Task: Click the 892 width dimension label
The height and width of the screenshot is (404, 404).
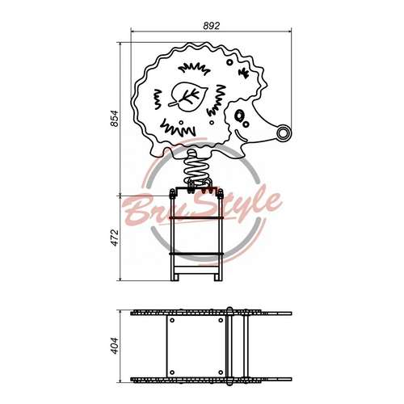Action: click(x=212, y=26)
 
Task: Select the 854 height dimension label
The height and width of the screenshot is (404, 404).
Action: click(x=115, y=118)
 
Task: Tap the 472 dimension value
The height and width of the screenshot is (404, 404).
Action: click(x=115, y=238)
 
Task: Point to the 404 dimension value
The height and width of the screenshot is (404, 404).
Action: click(x=115, y=346)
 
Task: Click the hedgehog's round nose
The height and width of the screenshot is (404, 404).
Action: click(x=284, y=133)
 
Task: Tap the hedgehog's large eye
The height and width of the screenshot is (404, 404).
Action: click(x=238, y=116)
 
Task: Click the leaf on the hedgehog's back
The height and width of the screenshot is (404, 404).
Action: click(x=188, y=97)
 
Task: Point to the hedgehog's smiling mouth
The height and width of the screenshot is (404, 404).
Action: click(x=240, y=136)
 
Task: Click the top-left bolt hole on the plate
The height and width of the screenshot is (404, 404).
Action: click(x=172, y=320)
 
